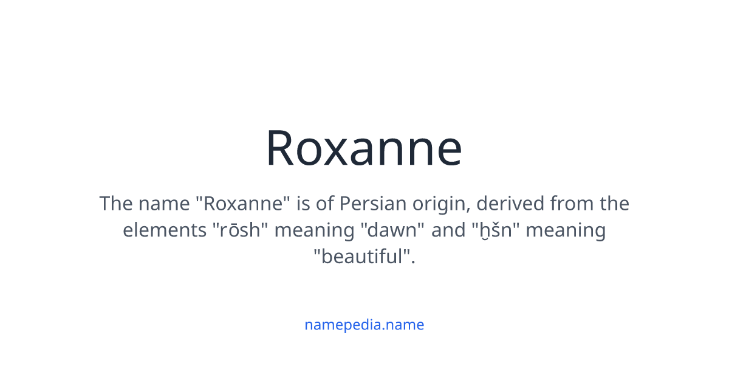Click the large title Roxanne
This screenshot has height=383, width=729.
364,148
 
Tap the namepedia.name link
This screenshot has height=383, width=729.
364,325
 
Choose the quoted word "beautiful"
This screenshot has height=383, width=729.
364,257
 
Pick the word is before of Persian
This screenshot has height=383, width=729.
303,203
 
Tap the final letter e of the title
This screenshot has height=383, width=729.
448,152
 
